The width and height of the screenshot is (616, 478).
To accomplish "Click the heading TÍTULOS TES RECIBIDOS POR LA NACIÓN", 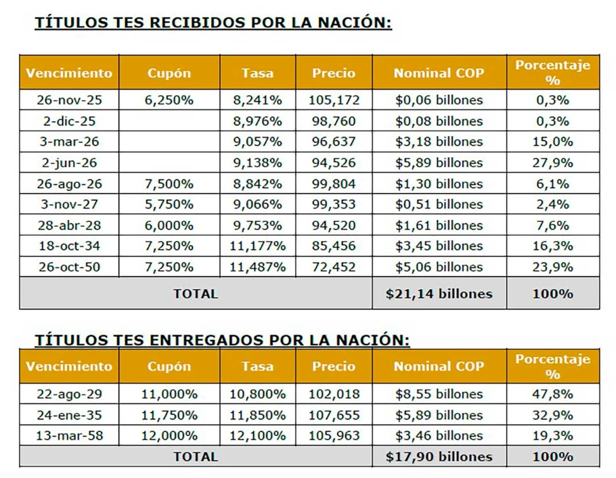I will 213,23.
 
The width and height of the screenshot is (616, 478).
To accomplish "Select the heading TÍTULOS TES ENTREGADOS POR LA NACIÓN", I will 222,339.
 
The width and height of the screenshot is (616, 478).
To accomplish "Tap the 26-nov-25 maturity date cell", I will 69,100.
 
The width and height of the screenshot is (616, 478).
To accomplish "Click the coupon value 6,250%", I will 169,100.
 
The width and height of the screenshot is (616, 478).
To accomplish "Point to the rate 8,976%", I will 257,121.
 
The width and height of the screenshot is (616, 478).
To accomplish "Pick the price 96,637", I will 334,142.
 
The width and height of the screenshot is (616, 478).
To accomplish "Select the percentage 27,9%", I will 552,163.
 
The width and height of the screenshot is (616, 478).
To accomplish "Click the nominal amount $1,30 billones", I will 439,184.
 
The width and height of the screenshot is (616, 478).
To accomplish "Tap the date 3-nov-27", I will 69,204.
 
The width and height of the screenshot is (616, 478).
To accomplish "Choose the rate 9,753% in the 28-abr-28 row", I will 257,225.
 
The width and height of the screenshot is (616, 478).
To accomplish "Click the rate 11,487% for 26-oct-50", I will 257,267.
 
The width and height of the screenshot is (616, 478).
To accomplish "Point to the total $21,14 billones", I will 439,294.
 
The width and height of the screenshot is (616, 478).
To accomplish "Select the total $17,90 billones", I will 439,456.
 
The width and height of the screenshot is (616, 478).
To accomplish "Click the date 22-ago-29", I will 69,394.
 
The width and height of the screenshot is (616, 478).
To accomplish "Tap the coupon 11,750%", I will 169,415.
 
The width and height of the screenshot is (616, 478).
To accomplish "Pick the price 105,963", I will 334,435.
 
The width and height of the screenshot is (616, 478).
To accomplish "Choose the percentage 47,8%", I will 552,394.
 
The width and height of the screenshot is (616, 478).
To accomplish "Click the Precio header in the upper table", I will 334,73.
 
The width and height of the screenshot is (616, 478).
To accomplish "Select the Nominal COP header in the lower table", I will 439,366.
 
